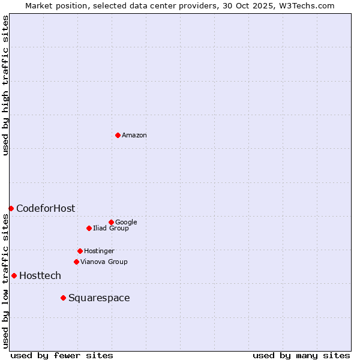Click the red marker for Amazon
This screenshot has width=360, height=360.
[118, 135]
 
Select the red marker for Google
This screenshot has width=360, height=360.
[111, 222]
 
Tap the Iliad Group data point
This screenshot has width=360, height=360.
[89, 228]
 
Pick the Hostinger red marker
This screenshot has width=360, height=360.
[80, 251]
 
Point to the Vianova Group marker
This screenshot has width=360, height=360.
[76, 262]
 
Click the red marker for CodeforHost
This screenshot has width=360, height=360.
[11, 208]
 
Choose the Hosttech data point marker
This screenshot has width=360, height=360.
[14, 275]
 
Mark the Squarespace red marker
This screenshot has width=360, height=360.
[63, 298]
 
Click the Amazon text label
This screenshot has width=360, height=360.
[134, 136]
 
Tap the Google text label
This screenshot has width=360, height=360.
[126, 223]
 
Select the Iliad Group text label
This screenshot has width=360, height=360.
[111, 229]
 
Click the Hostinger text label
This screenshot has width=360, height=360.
[99, 251]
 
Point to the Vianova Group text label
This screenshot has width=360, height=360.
[104, 262]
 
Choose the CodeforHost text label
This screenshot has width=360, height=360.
[46, 209]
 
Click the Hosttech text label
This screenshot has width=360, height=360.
[40, 276]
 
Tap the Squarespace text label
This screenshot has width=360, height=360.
[99, 298]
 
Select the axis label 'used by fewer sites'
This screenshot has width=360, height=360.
[62, 355]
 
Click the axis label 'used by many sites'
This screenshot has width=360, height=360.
[301, 355]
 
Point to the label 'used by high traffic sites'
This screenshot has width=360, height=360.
[6, 85]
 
